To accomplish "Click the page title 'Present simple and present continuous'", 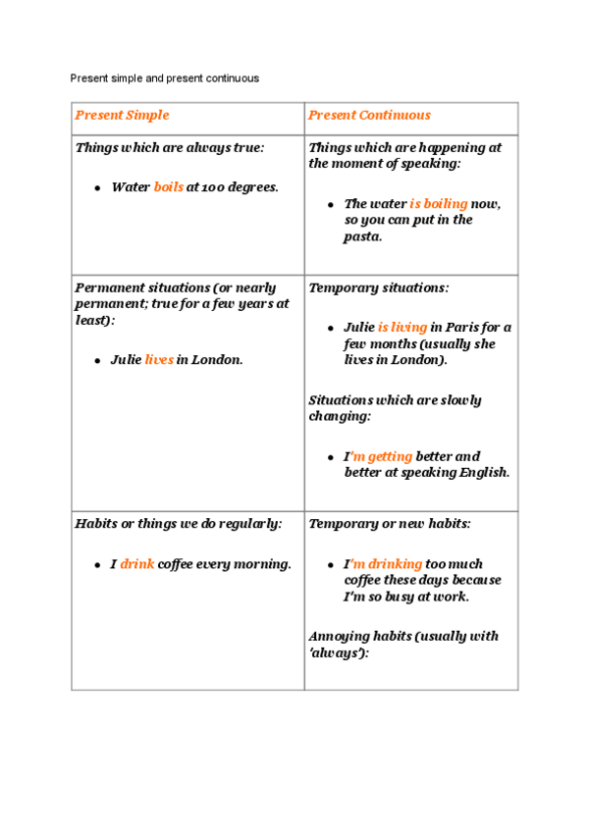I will click(x=165, y=78).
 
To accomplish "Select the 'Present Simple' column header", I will click(x=122, y=116).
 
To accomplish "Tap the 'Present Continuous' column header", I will click(x=369, y=116).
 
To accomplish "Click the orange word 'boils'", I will click(x=169, y=187).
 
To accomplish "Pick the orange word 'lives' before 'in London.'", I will click(x=159, y=360).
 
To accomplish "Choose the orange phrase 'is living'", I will click(x=402, y=328).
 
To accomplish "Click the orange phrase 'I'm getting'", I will click(x=378, y=456).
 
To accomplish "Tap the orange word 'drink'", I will click(x=137, y=564).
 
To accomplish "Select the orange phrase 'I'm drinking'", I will click(x=383, y=564).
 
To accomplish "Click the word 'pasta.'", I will click(x=363, y=236).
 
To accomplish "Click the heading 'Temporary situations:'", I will click(x=379, y=288).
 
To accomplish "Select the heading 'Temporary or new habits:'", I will click(x=390, y=524).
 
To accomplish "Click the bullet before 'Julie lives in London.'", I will click(x=98, y=361).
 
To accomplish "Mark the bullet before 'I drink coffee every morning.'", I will click(x=98, y=565).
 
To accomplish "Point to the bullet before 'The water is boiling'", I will click(x=331, y=205).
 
